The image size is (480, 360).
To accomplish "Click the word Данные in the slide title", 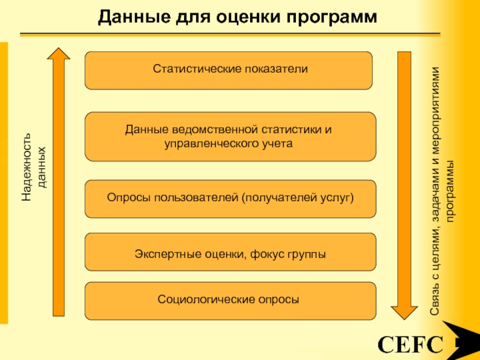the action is tap(134, 17).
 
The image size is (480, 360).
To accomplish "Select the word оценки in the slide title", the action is tap(247, 18).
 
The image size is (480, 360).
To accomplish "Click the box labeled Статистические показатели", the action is tap(229, 70).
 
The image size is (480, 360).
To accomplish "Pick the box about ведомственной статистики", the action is tap(230, 137).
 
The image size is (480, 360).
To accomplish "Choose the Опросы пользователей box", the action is tap(230, 199).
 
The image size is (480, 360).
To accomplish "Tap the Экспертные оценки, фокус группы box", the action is tap(230, 252).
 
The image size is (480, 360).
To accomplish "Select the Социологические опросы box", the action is tap(230, 301).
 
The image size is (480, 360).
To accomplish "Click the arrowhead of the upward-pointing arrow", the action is tap(58, 54).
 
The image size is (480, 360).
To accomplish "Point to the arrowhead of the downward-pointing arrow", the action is tap(404, 313).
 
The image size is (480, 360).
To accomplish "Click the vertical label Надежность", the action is tap(26, 167).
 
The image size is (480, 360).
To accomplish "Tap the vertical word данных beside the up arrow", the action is tap(41, 167).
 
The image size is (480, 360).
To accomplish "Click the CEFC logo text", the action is tap(410, 344).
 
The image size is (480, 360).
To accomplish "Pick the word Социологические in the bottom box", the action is tap(206, 299).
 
